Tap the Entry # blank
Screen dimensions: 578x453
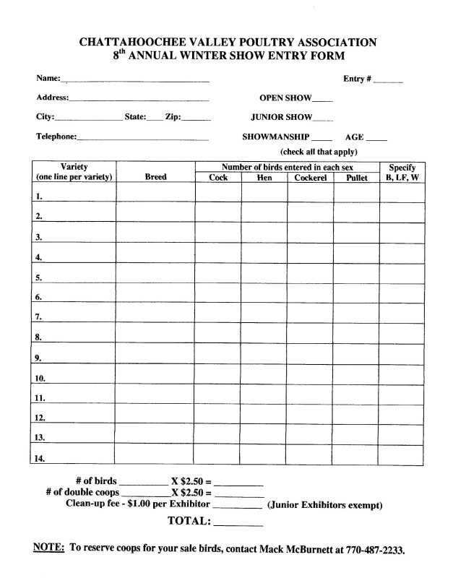(388, 81)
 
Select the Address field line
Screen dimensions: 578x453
(139, 99)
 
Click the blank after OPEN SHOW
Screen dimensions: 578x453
(323, 100)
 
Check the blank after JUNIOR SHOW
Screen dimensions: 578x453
(323, 118)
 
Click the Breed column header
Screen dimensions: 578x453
(155, 177)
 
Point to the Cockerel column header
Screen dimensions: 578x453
(311, 178)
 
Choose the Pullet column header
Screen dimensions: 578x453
(357, 178)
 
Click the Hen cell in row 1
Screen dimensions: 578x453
(264, 192)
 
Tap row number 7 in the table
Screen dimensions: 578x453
(38, 316)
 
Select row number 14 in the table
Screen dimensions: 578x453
(40, 458)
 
